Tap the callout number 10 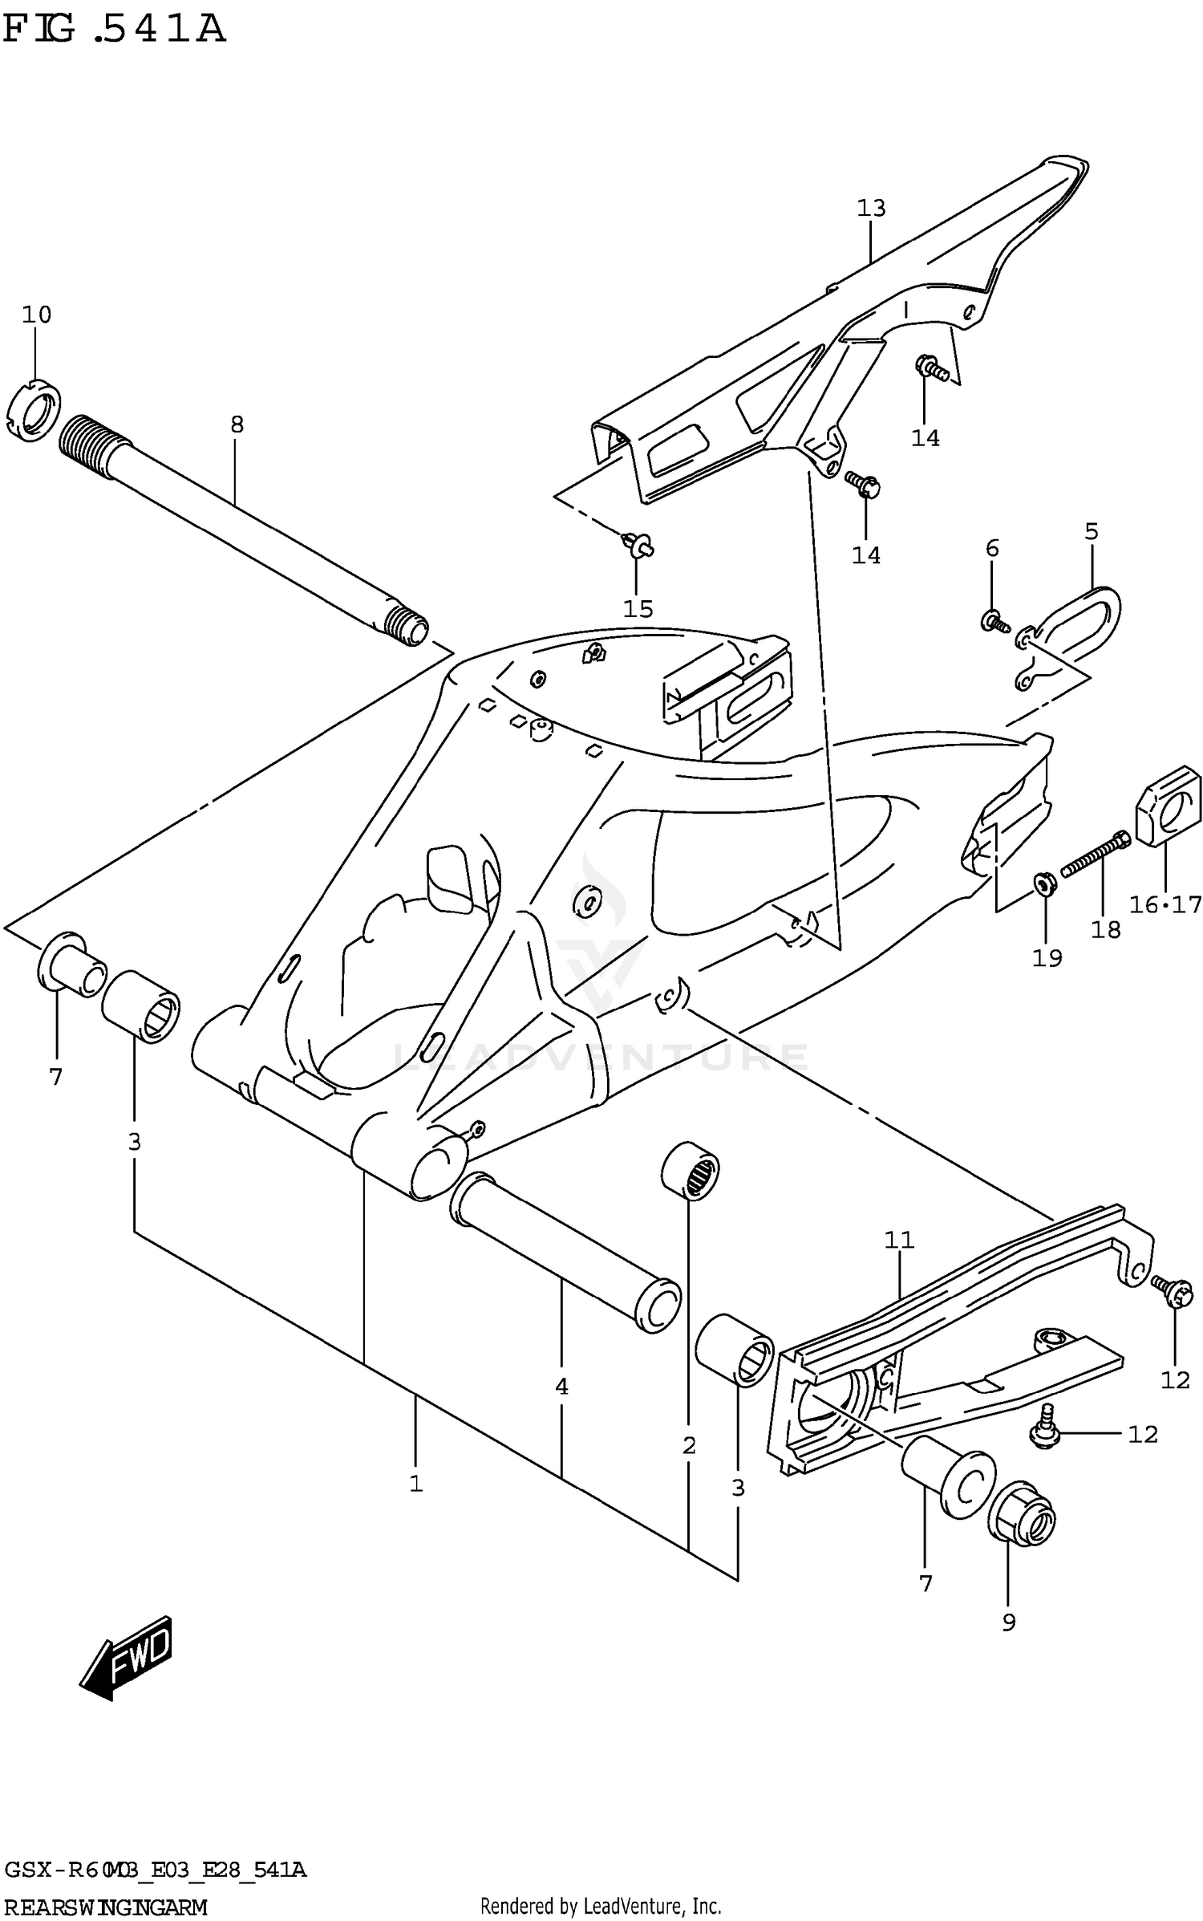point(36,315)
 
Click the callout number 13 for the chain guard point(871,209)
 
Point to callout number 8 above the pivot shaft point(237,424)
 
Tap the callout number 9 point(1009,1622)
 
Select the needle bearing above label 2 point(691,1176)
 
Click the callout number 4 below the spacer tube point(561,1387)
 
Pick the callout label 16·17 point(1165,905)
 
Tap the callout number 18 point(1105,929)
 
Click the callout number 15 point(638,608)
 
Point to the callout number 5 point(1092,531)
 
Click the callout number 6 point(992,548)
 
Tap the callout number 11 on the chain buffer point(899,1240)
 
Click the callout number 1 point(415,1484)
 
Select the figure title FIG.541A point(114,29)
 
